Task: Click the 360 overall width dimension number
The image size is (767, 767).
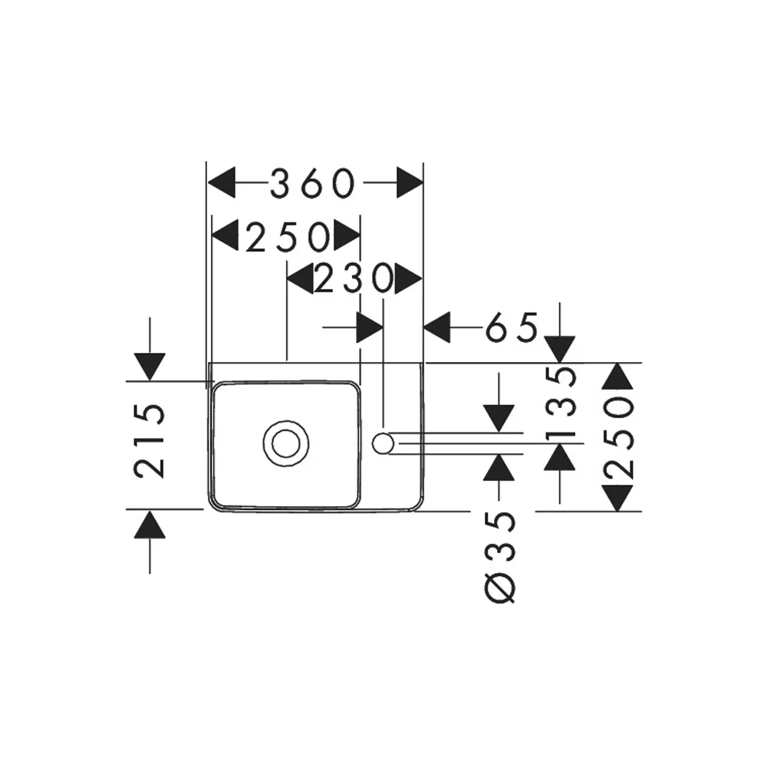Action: [314, 184]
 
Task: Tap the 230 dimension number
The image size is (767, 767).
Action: [354, 280]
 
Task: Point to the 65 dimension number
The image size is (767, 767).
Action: [512, 328]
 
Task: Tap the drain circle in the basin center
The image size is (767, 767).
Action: [287, 443]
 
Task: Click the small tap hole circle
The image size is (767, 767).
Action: [383, 443]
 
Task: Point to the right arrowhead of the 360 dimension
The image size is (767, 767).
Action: [410, 184]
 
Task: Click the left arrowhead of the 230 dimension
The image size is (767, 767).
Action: [300, 280]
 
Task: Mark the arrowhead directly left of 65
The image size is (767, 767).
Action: [436, 328]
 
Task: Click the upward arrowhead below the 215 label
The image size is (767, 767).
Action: [150, 525]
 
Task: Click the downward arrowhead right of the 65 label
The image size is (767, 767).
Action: [561, 348]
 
